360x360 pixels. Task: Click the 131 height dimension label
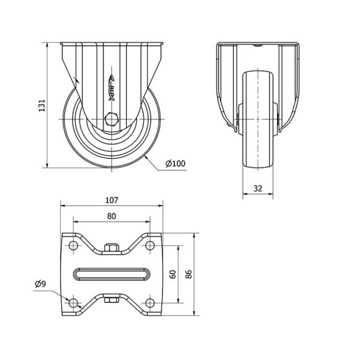[x=42, y=106]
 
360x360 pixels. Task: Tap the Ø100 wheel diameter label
[x=175, y=163]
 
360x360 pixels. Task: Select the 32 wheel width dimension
[x=258, y=188]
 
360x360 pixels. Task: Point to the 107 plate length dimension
[x=112, y=200]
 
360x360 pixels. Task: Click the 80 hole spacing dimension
[x=112, y=216]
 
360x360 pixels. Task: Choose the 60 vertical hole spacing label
[x=173, y=274]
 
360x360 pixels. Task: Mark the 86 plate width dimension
[x=188, y=274]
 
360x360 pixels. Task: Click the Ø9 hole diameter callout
[x=40, y=284]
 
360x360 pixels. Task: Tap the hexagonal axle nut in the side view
[x=112, y=119]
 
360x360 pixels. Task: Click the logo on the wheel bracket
[x=112, y=88]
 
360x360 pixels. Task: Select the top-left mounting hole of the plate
[x=73, y=245]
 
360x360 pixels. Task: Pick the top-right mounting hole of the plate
[x=150, y=245]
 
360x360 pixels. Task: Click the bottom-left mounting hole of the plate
[x=73, y=303]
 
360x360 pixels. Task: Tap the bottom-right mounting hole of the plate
[x=150, y=303]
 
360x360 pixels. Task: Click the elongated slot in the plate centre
[x=112, y=274]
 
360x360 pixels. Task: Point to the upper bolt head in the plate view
[x=112, y=247]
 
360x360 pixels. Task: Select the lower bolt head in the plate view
[x=112, y=300]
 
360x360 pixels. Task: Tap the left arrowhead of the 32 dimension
[x=245, y=194]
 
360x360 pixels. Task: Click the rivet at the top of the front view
[x=258, y=46]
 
